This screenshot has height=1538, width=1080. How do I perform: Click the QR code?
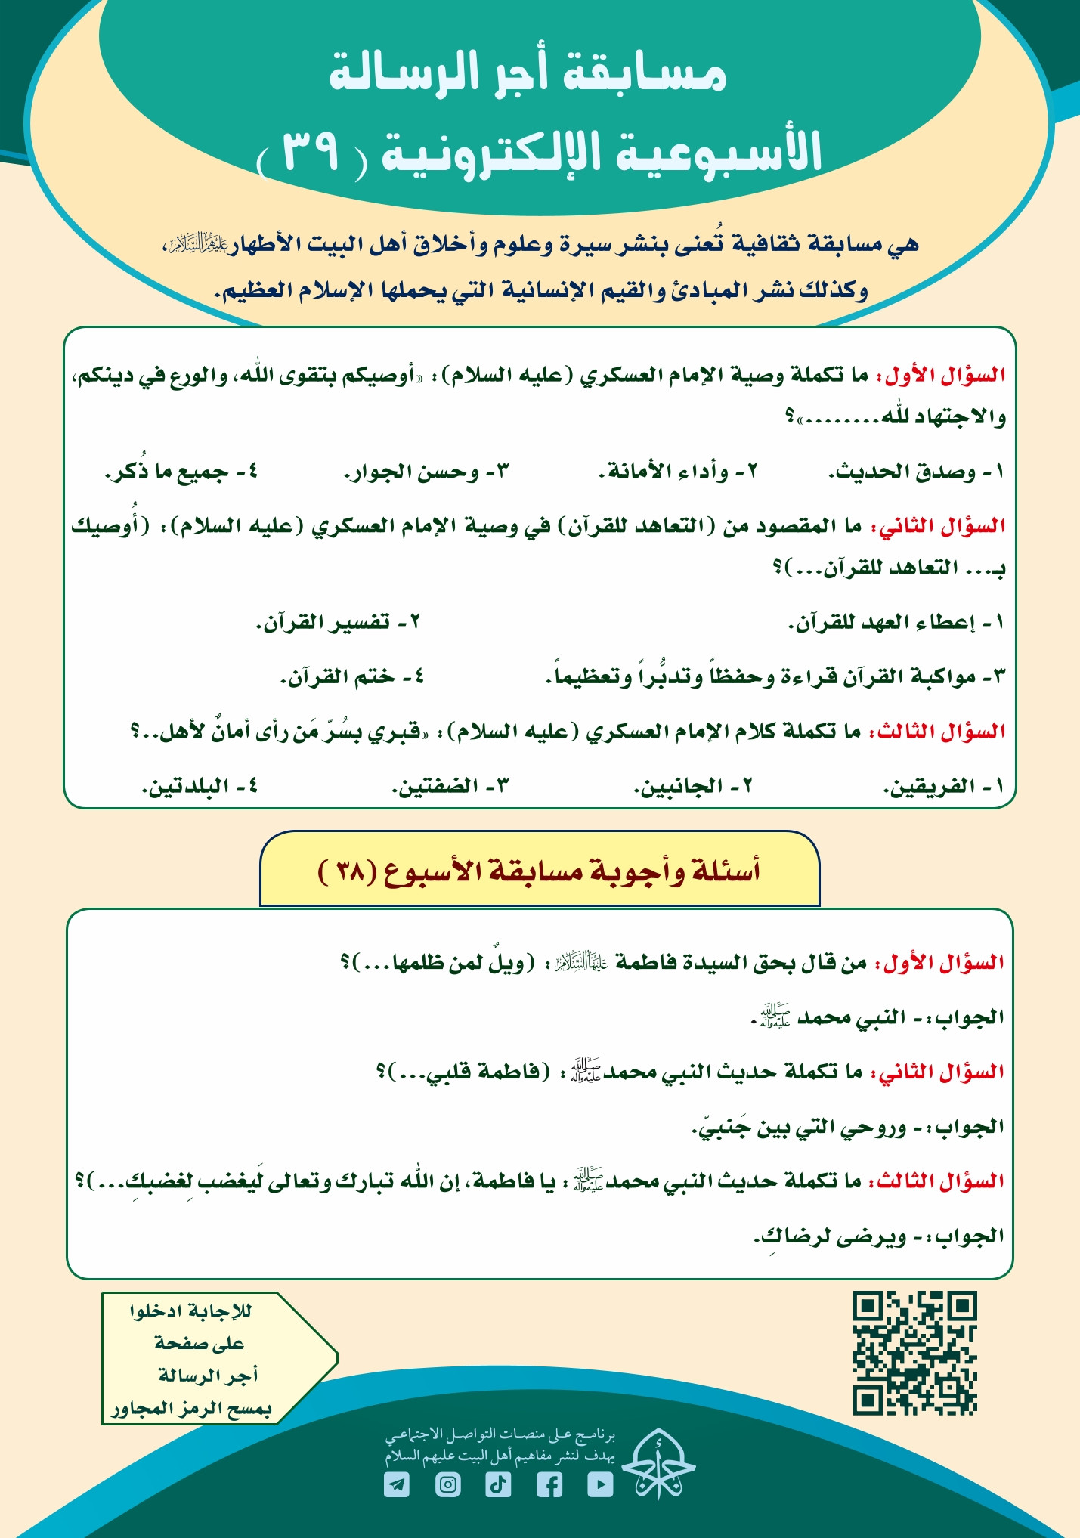[914, 1352]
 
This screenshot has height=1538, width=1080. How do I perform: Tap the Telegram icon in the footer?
[397, 1484]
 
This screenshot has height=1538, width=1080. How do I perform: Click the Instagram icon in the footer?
[448, 1484]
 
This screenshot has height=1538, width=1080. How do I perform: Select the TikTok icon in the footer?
[498, 1484]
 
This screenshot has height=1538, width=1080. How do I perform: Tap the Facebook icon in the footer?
[549, 1484]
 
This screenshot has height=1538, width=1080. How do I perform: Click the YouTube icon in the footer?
[600, 1484]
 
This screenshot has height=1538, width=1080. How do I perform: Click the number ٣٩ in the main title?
[311, 151]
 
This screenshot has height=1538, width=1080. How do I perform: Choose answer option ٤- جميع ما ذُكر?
[182, 472]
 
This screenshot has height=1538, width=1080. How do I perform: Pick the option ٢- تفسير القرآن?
[338, 623]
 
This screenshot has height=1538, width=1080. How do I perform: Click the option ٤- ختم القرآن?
[352, 676]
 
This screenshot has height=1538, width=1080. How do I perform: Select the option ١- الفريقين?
[943, 786]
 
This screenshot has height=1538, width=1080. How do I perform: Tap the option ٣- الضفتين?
[450, 786]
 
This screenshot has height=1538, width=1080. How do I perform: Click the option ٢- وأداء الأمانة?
[678, 472]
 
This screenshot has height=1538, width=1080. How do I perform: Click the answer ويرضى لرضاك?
[831, 1236]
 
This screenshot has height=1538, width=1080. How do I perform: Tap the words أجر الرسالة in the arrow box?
[209, 1375]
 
